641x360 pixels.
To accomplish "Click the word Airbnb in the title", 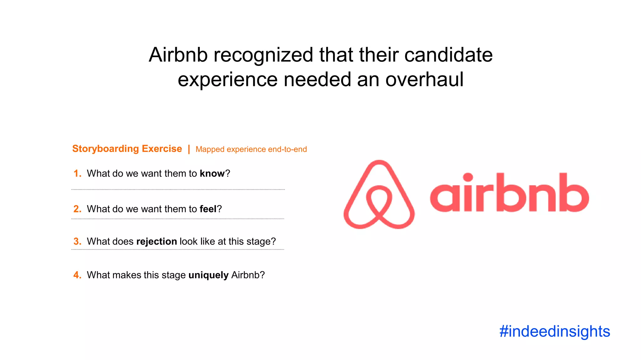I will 178,55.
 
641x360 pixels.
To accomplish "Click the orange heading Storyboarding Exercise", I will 127,149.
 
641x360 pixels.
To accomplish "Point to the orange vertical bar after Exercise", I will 189,149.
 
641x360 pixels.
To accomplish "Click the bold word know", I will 212,173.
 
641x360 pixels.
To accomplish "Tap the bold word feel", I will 208,209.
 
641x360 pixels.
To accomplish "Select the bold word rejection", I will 156,242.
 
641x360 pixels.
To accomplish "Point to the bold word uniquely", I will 208,275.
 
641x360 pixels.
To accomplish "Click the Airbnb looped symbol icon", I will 379,194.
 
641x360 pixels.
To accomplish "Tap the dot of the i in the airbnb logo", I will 468,177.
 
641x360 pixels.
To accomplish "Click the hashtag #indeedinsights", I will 554,331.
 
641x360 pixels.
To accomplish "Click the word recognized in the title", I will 263,55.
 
